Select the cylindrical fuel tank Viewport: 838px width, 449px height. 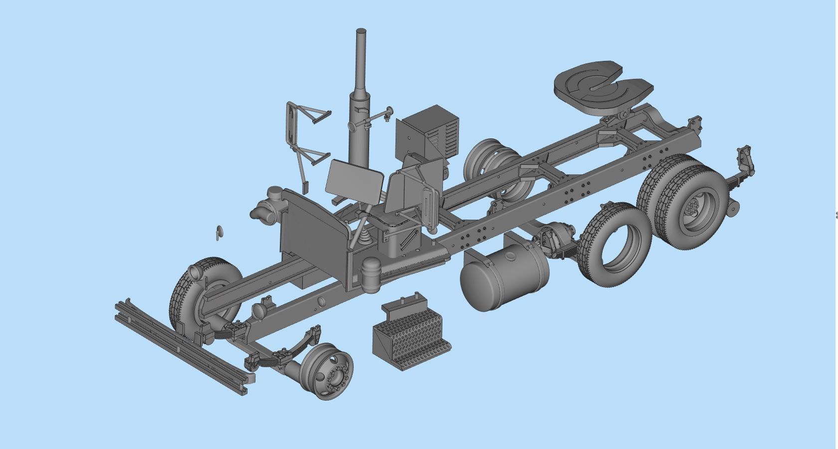click(504, 277)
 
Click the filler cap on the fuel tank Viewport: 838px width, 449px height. click(511, 257)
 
